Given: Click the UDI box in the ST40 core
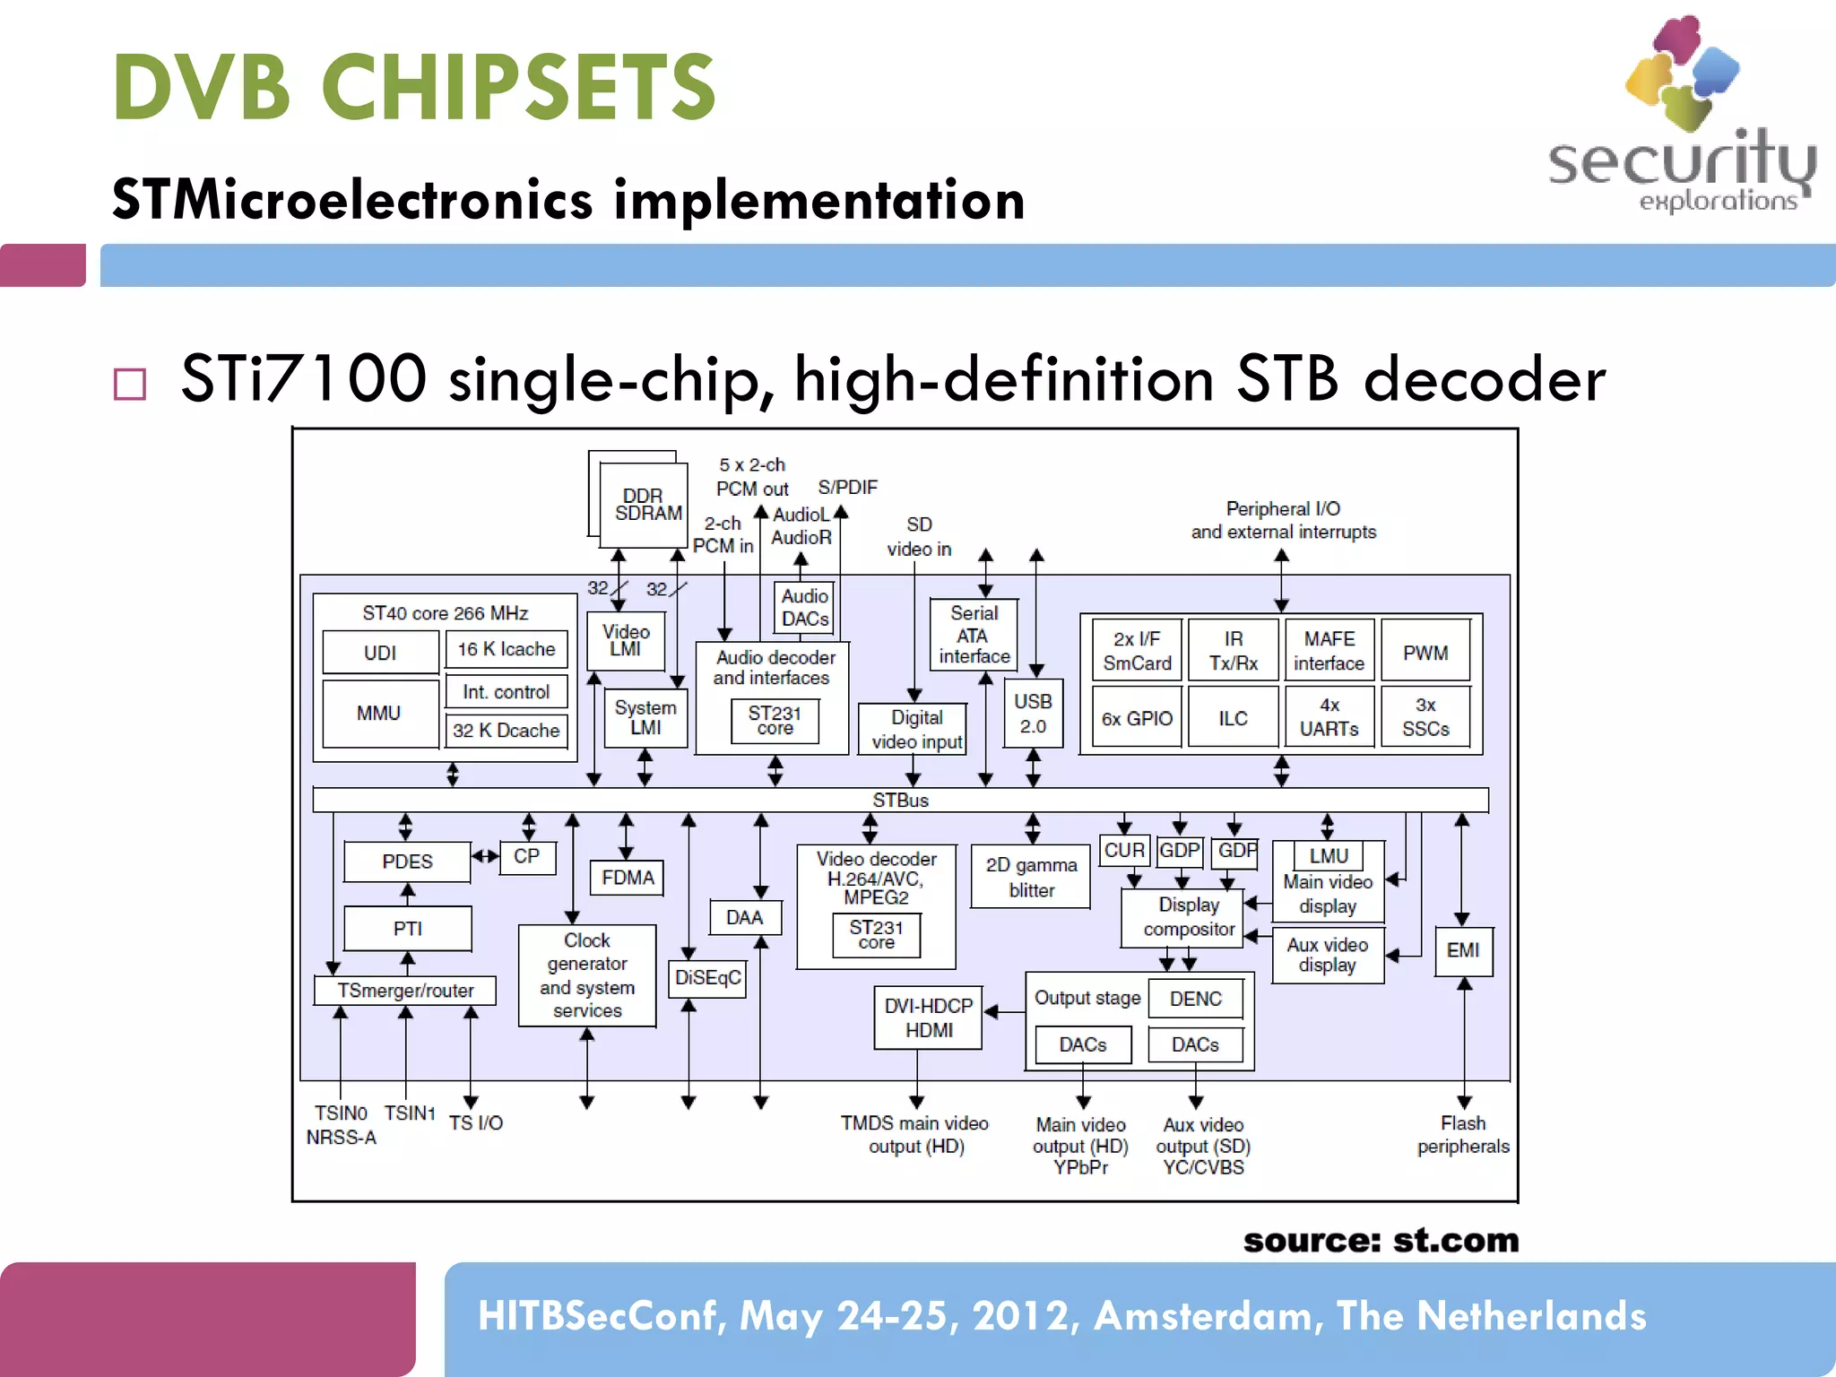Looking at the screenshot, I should point(380,653).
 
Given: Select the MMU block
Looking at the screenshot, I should point(379,714).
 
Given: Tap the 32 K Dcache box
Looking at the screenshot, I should point(506,731).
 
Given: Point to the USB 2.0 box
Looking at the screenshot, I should point(1033,714).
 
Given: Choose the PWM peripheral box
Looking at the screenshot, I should point(1425,652).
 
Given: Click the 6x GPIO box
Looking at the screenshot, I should point(1137,718).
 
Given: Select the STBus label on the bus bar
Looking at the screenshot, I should point(900,800).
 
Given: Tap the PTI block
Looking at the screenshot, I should point(407,929).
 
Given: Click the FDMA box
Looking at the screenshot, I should point(628,878).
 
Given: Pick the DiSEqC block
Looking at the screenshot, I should point(707,977).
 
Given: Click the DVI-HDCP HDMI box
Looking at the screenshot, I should point(928,1018).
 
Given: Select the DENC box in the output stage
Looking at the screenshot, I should point(1195,999).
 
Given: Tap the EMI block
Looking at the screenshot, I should point(1463,950).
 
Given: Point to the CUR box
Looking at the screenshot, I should point(1124,850).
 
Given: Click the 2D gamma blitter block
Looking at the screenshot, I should point(1031,878).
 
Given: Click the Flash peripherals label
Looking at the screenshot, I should point(1462,1135).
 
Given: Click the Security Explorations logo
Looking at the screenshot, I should point(1681,117).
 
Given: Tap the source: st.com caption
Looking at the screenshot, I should point(1381,1241).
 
